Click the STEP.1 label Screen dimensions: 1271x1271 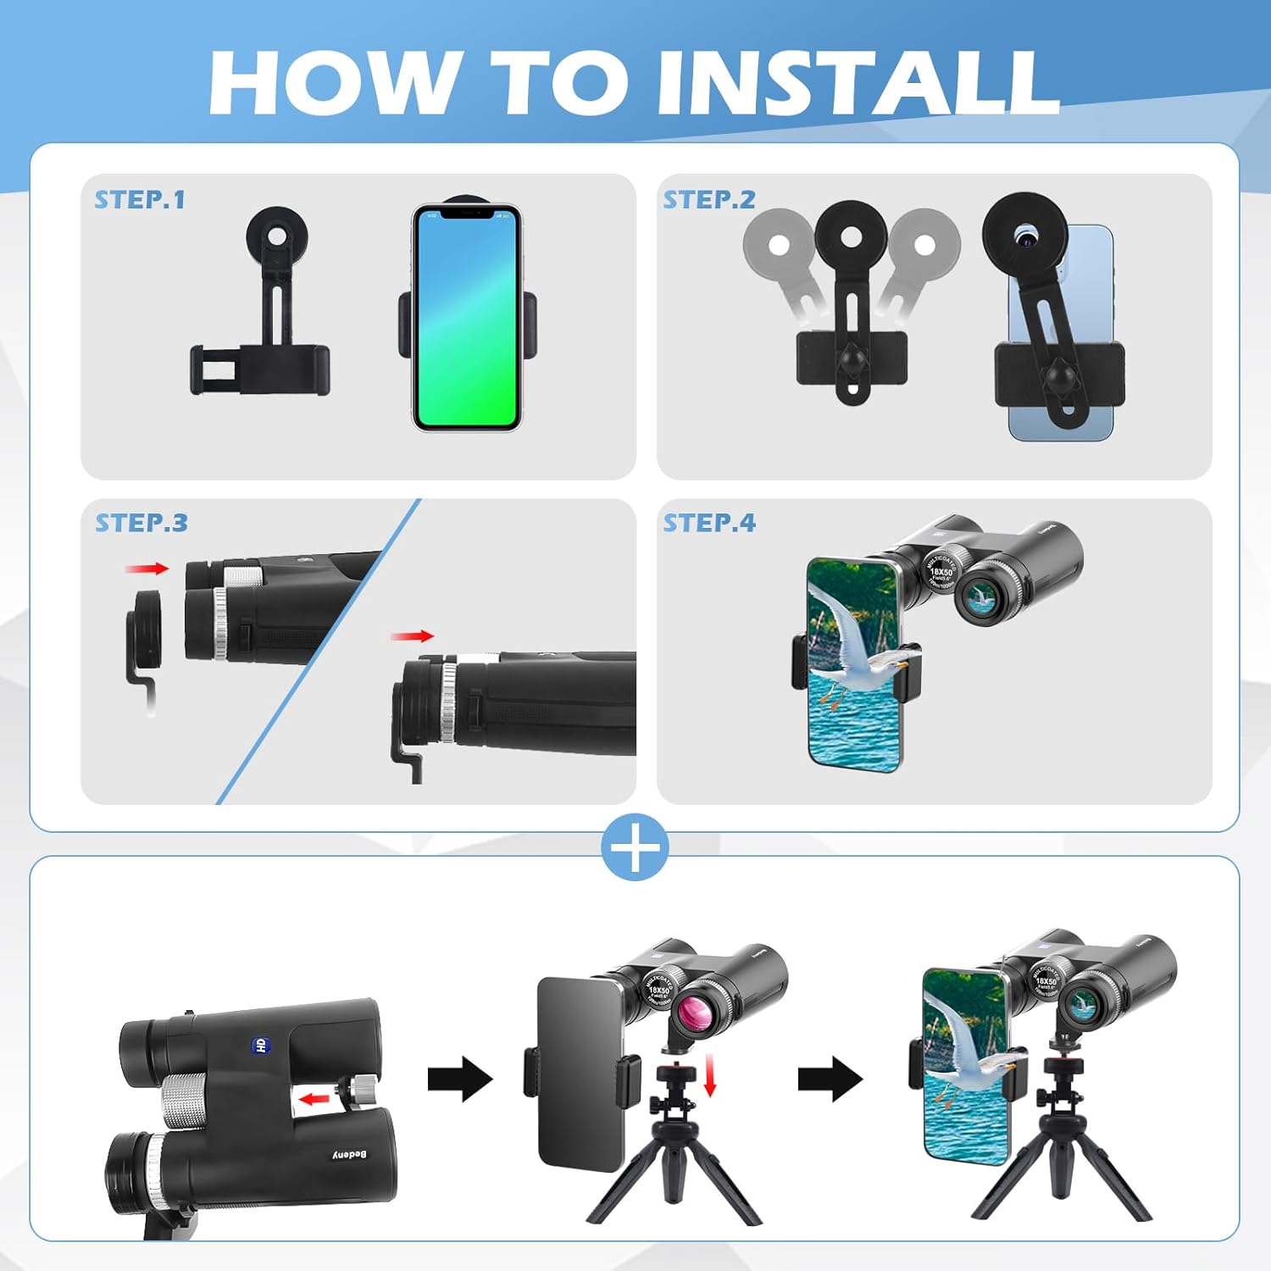pyautogui.click(x=140, y=200)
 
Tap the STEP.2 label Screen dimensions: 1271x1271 pyautogui.click(x=709, y=200)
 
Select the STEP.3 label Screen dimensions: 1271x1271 pyautogui.click(x=142, y=523)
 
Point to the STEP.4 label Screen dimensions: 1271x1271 pyautogui.click(x=709, y=523)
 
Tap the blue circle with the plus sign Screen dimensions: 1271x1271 pyautogui.click(x=635, y=846)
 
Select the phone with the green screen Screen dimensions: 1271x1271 pyautogui.click(x=466, y=318)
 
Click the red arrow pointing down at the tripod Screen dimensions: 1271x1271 pyautogui.click(x=710, y=1076)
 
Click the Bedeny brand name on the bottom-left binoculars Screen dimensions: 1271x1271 pyautogui.click(x=349, y=1155)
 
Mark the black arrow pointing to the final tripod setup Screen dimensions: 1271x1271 pyautogui.click(x=830, y=1079)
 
